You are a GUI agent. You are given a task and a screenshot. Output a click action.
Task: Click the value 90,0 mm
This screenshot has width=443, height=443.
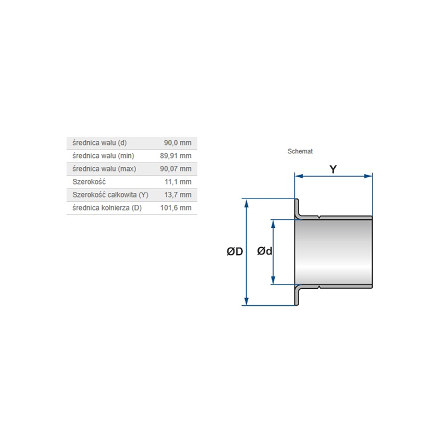pyautogui.click(x=178, y=143)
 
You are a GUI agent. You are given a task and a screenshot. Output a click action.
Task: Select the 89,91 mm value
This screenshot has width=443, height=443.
pyautogui.click(x=176, y=156)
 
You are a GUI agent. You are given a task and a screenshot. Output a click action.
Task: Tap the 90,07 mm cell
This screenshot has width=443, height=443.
pyautogui.click(x=176, y=169)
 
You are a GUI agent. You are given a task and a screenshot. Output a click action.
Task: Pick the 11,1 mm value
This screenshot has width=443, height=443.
pyautogui.click(x=178, y=182)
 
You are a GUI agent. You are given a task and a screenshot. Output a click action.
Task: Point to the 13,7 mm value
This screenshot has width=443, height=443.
pyautogui.click(x=178, y=195)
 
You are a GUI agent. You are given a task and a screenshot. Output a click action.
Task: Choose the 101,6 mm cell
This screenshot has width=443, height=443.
pyautogui.click(x=176, y=208)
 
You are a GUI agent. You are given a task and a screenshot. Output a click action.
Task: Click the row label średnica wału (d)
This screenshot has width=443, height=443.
pyautogui.click(x=100, y=143)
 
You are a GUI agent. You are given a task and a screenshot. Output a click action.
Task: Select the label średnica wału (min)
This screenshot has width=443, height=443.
pyautogui.click(x=103, y=156)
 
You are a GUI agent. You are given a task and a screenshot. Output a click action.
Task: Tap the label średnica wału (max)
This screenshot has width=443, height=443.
pyautogui.click(x=104, y=169)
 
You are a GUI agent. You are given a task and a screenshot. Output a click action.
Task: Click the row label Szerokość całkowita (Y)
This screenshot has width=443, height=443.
pyautogui.click(x=110, y=195)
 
